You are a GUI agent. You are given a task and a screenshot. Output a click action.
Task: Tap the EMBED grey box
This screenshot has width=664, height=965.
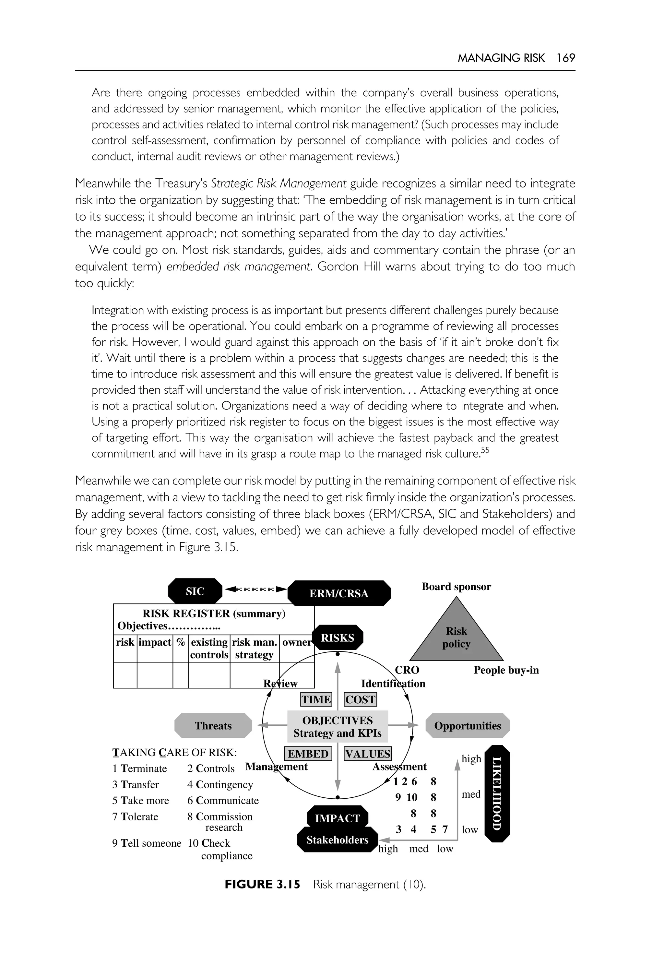(x=308, y=754)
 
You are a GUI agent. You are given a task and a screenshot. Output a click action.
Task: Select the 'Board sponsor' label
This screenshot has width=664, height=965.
(x=456, y=587)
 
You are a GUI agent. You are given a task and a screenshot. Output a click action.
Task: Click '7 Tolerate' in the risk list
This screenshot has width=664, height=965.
(x=135, y=817)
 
